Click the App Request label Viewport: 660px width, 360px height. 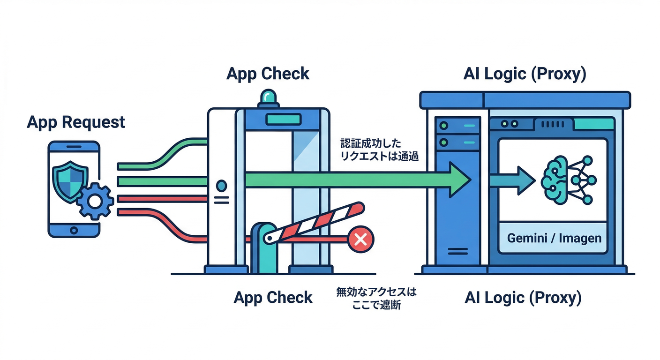[x=76, y=122]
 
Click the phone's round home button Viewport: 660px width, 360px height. [x=74, y=230]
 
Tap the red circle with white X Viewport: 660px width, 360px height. [x=360, y=240]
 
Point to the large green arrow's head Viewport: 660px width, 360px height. [x=457, y=180]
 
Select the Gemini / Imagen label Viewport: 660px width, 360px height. [x=554, y=238]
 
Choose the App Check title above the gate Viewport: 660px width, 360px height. [x=268, y=74]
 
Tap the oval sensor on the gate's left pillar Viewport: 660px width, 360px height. [x=221, y=186]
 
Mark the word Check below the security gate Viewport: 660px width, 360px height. [x=290, y=297]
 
